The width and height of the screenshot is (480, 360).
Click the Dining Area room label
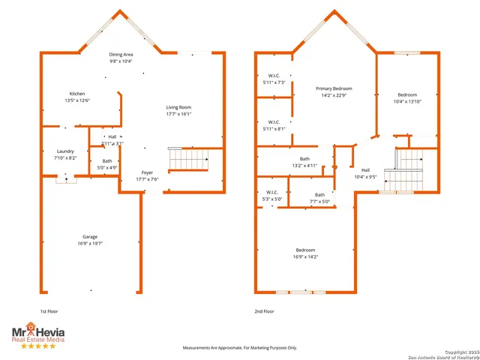[x=121, y=54]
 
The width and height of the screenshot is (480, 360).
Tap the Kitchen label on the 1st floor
[x=77, y=94]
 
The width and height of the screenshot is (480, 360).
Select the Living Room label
[x=178, y=107]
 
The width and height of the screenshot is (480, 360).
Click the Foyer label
[x=147, y=172]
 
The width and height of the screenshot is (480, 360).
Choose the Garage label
[x=89, y=237]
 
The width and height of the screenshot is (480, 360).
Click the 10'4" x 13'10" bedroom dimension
[x=407, y=101]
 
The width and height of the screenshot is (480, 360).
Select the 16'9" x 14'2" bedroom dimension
[x=305, y=256]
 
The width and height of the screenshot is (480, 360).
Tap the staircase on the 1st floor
[x=187, y=160]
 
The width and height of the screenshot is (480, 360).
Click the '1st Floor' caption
[x=50, y=311]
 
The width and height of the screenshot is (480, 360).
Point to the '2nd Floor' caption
[x=264, y=311]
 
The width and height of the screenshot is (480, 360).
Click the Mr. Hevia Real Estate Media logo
[x=37, y=334]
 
